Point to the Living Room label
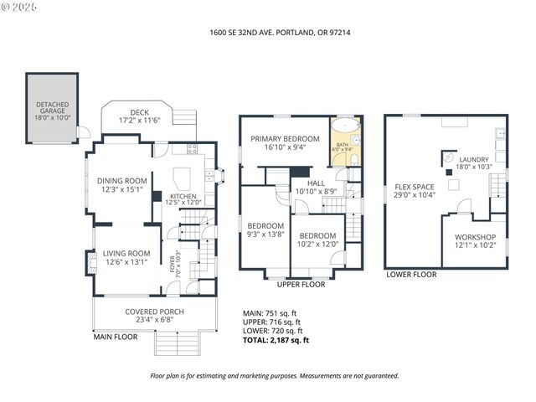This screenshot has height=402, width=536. (x=126, y=258)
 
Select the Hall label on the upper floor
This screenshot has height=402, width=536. (x=316, y=187)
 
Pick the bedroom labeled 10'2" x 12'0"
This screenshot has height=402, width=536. (x=317, y=240)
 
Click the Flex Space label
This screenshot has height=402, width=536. (x=414, y=191)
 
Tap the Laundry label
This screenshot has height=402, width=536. (x=473, y=162)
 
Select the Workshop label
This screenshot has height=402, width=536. (x=475, y=241)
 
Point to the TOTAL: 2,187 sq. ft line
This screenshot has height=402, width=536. (x=276, y=340)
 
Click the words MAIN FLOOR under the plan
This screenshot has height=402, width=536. (x=115, y=337)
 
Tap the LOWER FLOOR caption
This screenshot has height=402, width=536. (x=411, y=274)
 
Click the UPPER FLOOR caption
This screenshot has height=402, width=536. (x=301, y=285)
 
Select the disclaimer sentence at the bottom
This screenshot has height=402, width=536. (x=274, y=376)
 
